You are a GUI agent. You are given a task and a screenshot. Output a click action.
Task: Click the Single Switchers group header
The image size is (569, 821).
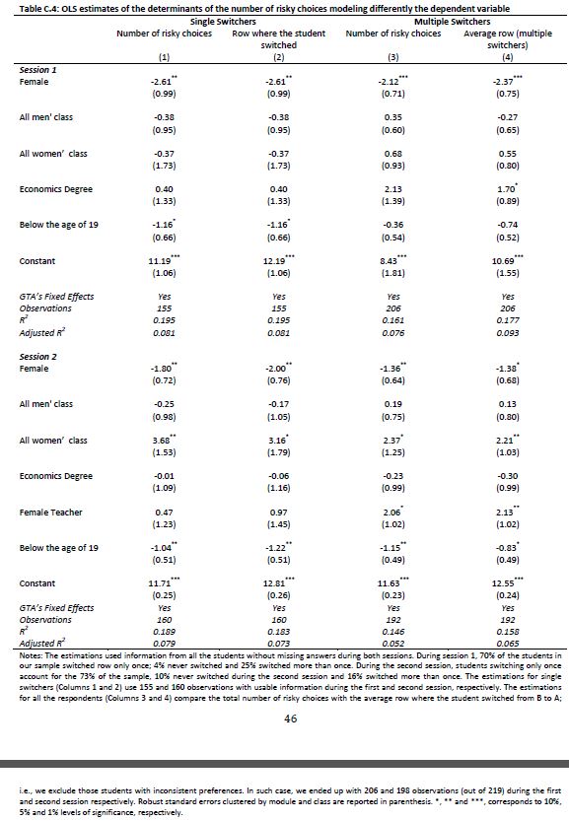pos(223,22)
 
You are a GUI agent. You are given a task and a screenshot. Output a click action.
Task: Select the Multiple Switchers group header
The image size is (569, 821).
pos(453,22)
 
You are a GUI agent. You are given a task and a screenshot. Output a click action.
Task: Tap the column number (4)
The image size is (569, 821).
pos(507,57)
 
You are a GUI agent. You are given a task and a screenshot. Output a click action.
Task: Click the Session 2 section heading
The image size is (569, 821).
pos(37,357)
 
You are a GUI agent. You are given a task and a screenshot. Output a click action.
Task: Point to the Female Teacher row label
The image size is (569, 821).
pos(51,513)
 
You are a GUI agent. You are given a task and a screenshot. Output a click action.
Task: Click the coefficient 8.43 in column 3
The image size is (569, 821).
pos(392,261)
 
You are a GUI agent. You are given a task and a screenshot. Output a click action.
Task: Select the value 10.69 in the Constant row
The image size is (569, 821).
pos(506,261)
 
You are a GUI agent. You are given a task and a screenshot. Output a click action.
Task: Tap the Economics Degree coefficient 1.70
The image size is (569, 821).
pos(507,189)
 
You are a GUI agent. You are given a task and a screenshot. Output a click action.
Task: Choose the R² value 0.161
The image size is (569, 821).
pos(392,320)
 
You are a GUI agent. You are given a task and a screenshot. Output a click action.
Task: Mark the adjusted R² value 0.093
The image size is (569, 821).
pos(508,332)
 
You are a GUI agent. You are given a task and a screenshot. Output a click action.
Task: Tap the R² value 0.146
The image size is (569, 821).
pos(392,632)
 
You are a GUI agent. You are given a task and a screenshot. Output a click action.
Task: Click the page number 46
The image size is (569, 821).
pos(290,718)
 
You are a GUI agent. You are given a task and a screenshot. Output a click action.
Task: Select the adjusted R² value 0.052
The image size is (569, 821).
pos(392,644)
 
